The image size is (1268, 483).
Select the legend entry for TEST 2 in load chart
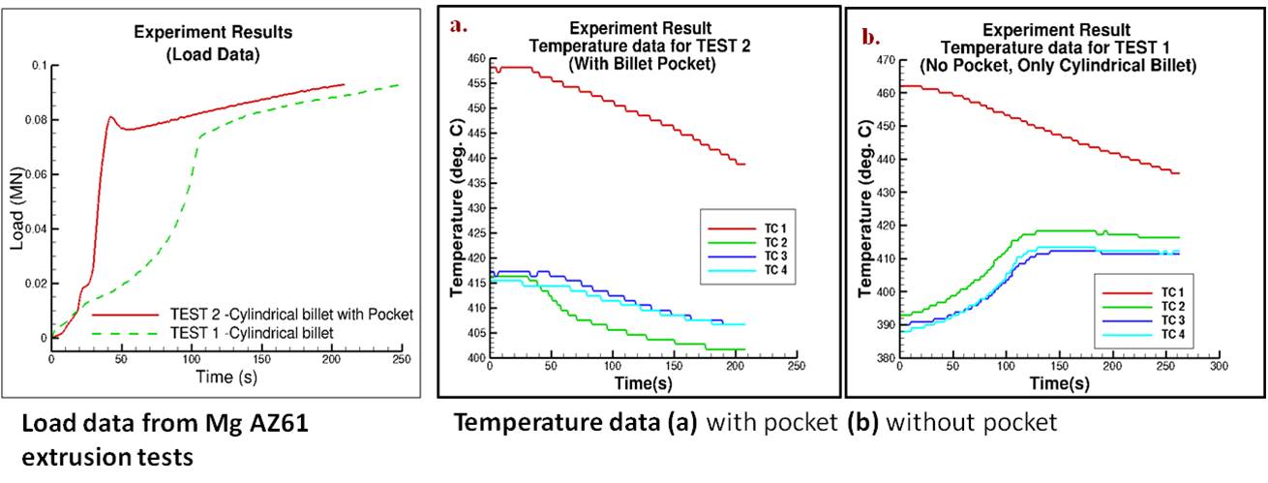252,315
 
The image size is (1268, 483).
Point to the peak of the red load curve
111,118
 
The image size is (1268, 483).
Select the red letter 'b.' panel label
870,39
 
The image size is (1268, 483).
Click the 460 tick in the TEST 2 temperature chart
474,57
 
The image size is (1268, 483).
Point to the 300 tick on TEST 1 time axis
1218,369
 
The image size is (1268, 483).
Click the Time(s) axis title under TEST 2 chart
641,384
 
